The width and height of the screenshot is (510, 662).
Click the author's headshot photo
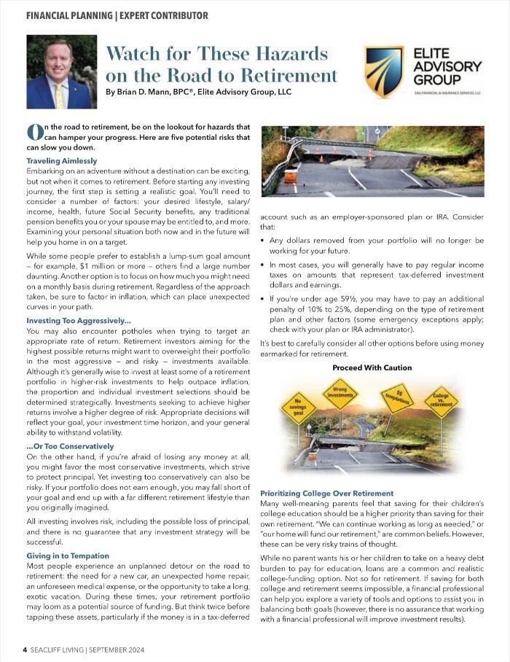click(x=59, y=72)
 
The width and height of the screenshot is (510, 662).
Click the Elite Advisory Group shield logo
click(x=384, y=72)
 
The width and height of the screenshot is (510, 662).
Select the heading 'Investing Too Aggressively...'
click(x=79, y=321)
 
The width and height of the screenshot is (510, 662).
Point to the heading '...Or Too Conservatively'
click(x=70, y=446)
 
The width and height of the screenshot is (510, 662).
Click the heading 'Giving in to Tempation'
click(x=68, y=556)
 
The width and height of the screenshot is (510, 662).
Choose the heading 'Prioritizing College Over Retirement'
click(x=326, y=494)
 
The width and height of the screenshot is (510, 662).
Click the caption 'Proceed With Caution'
click(x=372, y=367)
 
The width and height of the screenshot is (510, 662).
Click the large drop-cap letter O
click(x=34, y=132)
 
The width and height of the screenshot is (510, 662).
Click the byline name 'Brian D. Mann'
click(x=146, y=93)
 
